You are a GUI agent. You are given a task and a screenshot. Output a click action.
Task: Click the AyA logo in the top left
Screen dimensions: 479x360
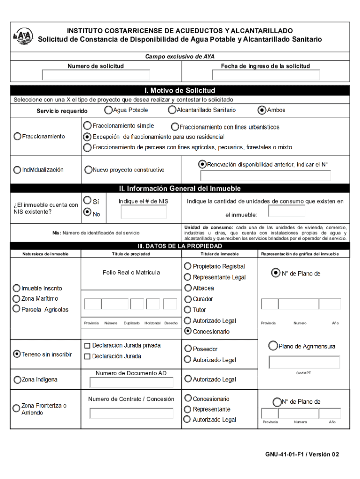pos(21,36)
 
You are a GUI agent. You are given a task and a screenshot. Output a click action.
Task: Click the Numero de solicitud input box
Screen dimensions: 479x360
pos(96,75)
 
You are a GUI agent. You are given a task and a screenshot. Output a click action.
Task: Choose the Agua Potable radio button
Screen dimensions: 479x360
pos(108,110)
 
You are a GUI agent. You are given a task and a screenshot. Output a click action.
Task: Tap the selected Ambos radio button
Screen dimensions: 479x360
pos(262,110)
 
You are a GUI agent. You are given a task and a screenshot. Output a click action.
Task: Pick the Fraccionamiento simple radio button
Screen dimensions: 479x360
pos(87,126)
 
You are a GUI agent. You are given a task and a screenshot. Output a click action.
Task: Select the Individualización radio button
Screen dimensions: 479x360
pos(17,170)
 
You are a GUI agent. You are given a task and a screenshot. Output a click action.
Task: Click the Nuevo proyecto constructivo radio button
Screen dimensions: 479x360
pos(88,170)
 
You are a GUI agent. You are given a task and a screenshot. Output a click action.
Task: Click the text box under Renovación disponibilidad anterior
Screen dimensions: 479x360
pos(265,176)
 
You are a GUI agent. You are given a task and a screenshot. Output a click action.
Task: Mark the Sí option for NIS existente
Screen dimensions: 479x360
pos(87,200)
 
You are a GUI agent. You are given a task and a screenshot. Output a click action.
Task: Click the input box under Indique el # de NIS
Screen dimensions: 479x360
pos(143,212)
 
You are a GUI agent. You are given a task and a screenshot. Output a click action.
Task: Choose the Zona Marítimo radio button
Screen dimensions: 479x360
pos(17,298)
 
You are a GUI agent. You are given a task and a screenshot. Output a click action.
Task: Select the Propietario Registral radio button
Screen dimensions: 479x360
pos(188,266)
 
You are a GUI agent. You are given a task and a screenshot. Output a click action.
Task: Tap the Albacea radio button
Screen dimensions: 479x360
pos(188,288)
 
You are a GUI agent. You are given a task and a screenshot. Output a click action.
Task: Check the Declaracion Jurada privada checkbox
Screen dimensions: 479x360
pos(87,346)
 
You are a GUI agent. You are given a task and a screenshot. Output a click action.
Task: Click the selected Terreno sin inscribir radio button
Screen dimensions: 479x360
pos(17,354)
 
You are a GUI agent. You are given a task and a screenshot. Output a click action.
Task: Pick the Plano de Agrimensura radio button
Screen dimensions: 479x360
pos(273,346)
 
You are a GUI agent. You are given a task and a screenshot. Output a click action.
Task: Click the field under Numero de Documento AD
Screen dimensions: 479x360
pos(131,383)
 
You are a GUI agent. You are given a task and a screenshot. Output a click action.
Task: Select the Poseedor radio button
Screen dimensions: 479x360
pos(188,348)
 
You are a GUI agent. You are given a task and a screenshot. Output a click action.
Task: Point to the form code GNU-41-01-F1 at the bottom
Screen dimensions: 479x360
pos(302,454)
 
